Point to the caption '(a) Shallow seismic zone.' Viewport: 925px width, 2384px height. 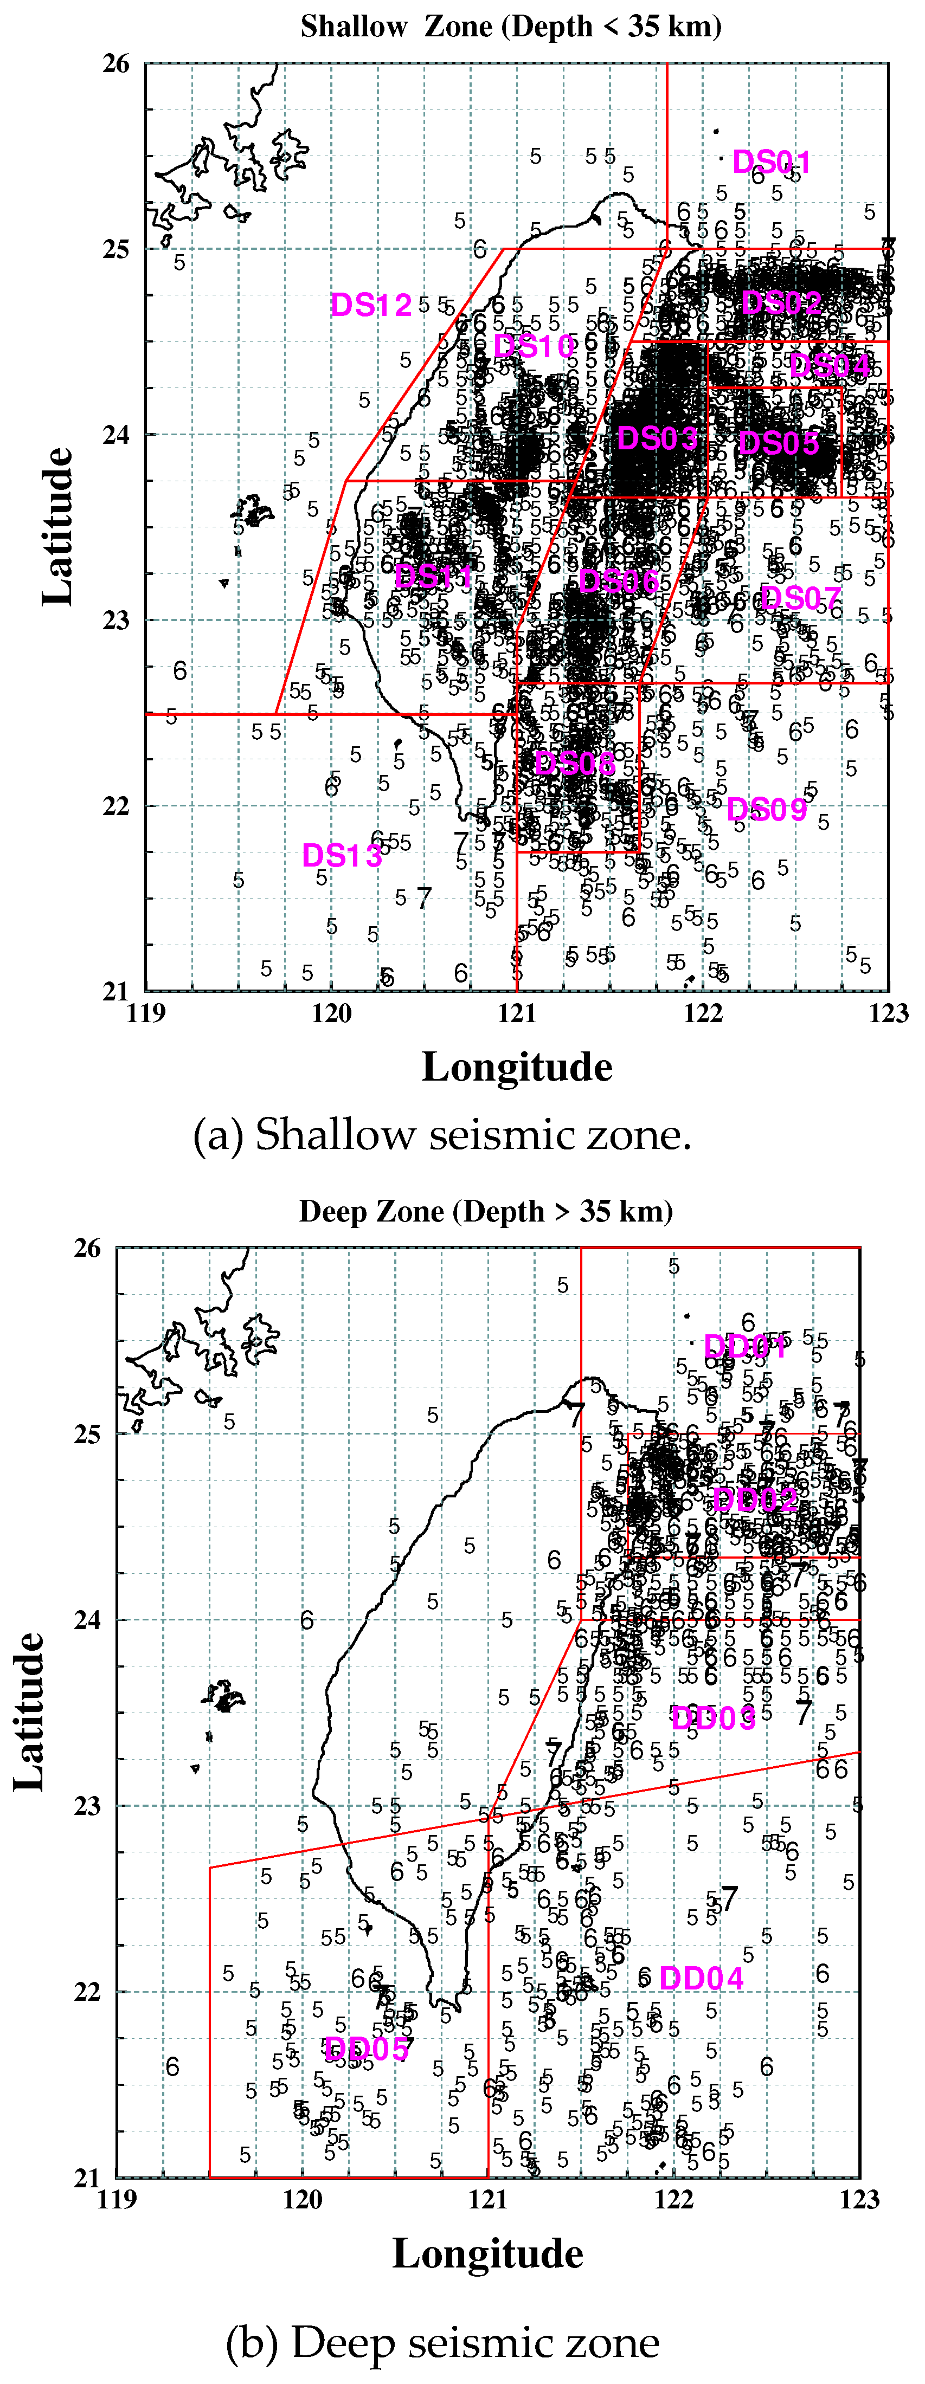click(x=442, y=1135)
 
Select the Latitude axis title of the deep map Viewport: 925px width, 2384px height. click(x=30, y=1711)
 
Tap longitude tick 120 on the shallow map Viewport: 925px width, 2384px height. click(x=331, y=1013)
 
